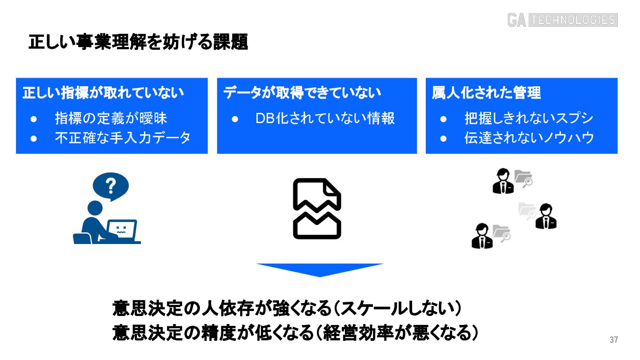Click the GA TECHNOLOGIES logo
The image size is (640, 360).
(x=562, y=20)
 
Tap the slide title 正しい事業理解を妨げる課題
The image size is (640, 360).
(x=138, y=43)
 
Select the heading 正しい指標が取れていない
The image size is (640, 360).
(x=103, y=93)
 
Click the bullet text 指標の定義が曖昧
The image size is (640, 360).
(x=111, y=118)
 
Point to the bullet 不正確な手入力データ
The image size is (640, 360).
(x=123, y=138)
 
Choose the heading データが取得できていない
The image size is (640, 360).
(x=302, y=93)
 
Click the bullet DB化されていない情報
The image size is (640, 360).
(x=325, y=118)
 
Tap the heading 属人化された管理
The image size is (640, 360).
(x=486, y=93)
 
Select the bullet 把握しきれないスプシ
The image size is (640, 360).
(x=529, y=118)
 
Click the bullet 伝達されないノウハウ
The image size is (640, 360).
(x=529, y=138)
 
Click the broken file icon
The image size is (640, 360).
(x=317, y=208)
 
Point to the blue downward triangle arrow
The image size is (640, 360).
(x=320, y=269)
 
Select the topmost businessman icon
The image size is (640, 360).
(x=503, y=181)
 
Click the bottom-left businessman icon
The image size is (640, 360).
(x=482, y=236)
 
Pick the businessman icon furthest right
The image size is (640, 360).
(x=546, y=216)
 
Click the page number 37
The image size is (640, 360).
(x=614, y=340)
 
